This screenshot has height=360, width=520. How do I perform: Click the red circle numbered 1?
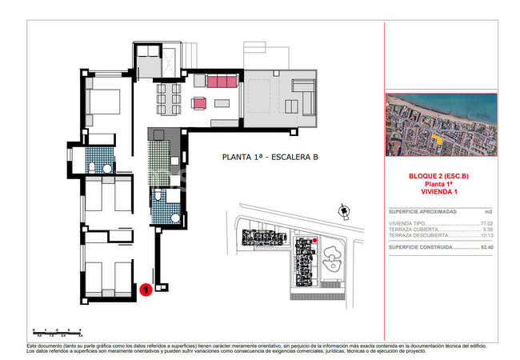pos(146,290)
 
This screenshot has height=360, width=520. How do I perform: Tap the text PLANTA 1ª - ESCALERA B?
pos(270,158)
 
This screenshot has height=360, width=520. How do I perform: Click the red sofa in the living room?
pos(222,82)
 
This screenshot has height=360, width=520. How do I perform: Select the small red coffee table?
pos(199,102)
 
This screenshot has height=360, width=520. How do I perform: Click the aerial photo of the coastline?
pos(441,125)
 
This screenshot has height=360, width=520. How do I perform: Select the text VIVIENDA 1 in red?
pos(441,192)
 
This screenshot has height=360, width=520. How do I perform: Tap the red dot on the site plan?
pos(314,240)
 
